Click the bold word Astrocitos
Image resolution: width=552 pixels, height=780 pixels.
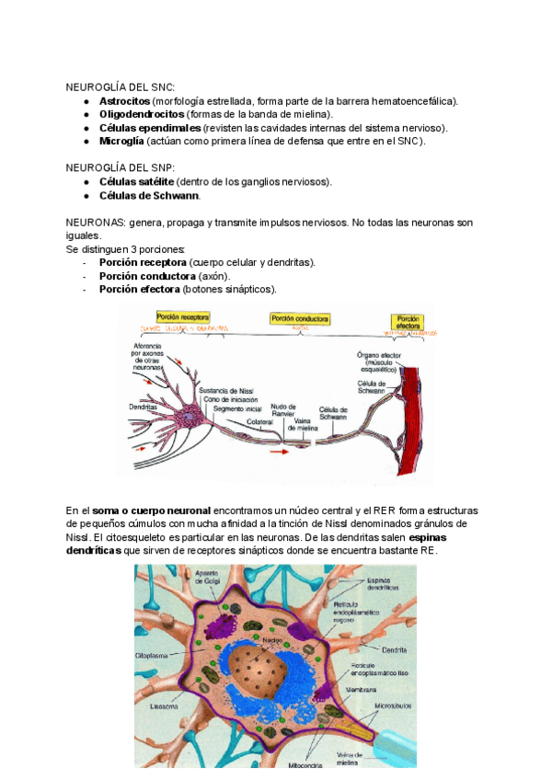[124, 100]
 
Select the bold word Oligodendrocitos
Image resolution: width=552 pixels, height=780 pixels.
[141, 114]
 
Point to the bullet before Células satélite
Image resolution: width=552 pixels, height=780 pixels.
[86, 182]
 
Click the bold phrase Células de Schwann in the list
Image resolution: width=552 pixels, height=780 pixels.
[149, 196]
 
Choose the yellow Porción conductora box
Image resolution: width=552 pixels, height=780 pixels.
[299, 318]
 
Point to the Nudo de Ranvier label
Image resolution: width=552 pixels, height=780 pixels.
[283, 410]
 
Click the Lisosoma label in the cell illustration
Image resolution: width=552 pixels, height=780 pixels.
[167, 706]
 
